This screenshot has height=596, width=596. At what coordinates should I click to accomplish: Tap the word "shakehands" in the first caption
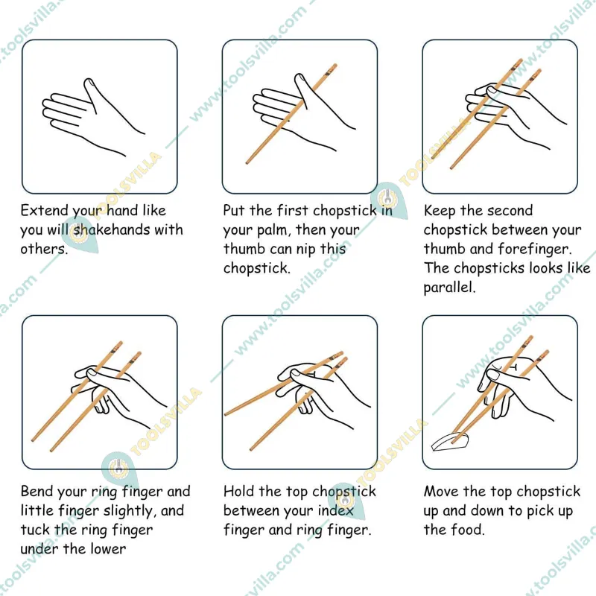(110, 229)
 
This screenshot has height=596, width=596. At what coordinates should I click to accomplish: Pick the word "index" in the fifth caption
(336, 510)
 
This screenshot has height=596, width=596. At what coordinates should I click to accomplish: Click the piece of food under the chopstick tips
(450, 442)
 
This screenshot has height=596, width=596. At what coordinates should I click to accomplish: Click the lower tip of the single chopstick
(247, 163)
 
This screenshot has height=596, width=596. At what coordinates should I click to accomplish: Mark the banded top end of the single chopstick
(332, 69)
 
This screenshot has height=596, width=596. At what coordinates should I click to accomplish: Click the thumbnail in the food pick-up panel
(493, 375)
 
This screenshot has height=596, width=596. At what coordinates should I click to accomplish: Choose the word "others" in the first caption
(43, 249)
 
